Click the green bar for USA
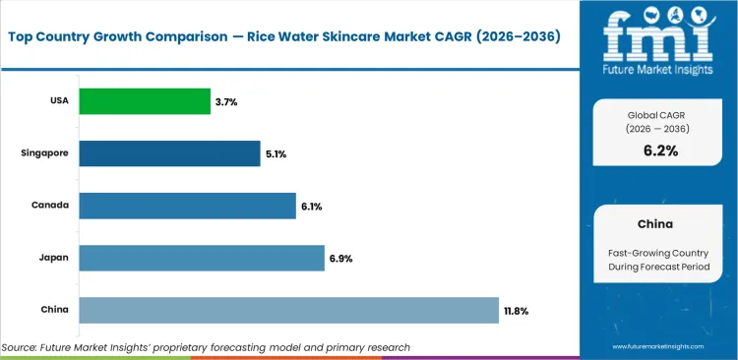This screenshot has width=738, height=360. [145, 100]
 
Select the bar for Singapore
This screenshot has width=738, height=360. [169, 152]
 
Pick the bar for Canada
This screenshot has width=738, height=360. [187, 206]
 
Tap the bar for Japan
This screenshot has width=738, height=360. [202, 258]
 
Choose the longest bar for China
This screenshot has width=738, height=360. [288, 310]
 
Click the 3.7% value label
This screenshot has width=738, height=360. [224, 100]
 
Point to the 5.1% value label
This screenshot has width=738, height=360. [276, 153]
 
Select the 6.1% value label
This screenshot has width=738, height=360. [311, 207]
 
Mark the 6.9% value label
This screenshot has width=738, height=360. [340, 259]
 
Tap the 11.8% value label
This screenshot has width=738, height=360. [517, 311]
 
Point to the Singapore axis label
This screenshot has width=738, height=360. [45, 153]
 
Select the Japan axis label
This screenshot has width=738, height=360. [54, 259]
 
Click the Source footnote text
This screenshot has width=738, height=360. [206, 347]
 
